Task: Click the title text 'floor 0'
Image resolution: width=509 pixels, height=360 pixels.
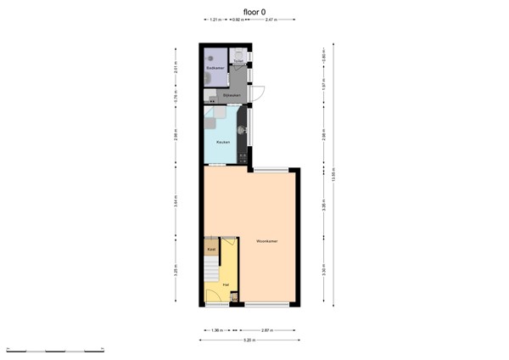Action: click(x=254, y=11)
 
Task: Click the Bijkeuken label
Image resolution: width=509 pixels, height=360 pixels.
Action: click(x=231, y=96)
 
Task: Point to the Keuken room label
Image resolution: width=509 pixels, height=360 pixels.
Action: click(x=222, y=141)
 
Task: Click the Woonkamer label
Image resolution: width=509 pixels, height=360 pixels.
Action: click(x=267, y=242)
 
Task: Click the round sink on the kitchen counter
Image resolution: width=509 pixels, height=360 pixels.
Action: click(x=243, y=130)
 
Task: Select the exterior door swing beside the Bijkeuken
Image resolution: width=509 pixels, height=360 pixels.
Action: click(x=259, y=94)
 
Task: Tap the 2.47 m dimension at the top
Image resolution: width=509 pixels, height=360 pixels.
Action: click(x=269, y=20)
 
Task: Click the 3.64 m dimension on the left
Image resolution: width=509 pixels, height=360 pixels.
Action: click(x=176, y=202)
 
